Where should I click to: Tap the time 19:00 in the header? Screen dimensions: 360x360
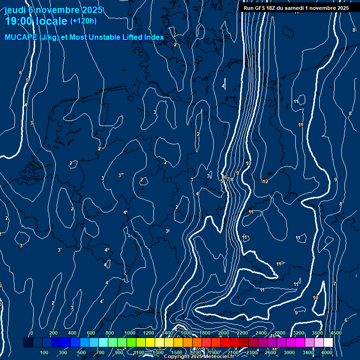pyautogui.click(x=21, y=21)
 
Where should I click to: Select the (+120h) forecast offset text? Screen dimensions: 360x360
pyautogui.click(x=83, y=21)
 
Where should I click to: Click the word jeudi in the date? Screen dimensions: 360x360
pyautogui.click(x=15, y=9)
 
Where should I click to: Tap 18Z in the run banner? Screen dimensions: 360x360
pyautogui.click(x=271, y=8)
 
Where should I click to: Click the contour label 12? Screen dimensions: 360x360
pyautogui.click(x=265, y=181)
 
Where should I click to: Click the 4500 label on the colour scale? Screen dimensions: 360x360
pyautogui.click(x=336, y=333)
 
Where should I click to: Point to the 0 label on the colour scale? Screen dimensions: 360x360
pyautogui.click(x=32, y=333)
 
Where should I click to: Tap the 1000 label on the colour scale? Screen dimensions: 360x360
pyautogui.click(x=130, y=333)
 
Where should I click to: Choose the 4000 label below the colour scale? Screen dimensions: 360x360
pyautogui.click(x=327, y=352)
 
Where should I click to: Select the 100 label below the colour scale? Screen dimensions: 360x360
pyautogui.click(x=45, y=352)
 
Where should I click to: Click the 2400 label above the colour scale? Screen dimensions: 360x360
pyautogui.click(x=261, y=333)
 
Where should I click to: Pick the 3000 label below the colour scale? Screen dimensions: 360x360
pyautogui.click(x=289, y=352)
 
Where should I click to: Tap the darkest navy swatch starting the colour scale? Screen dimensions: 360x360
pyautogui.click(x=28, y=343)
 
